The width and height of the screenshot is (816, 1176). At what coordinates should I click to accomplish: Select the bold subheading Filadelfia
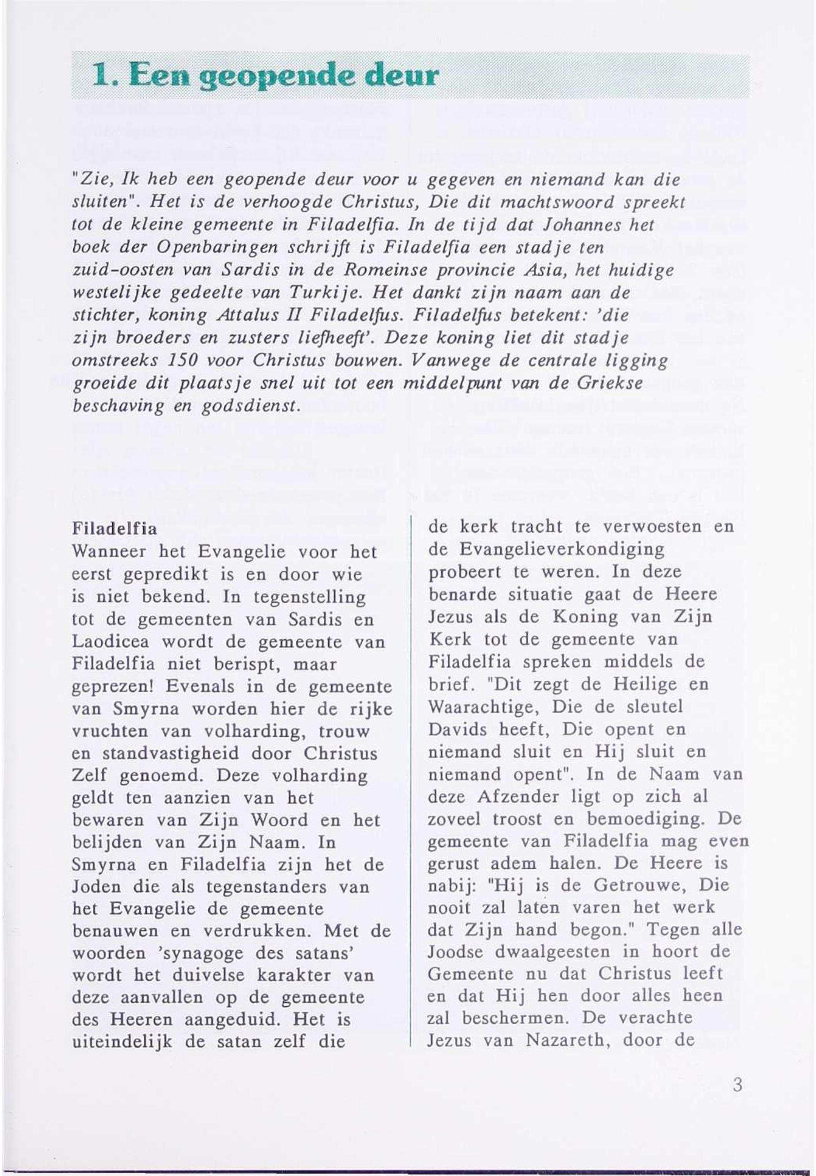[115, 528]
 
